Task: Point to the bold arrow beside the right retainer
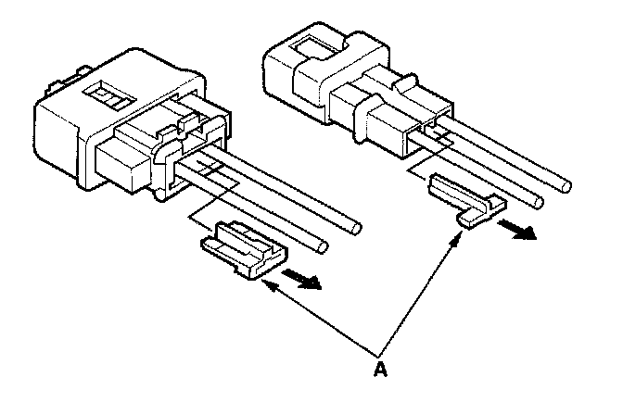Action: [x=517, y=228]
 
